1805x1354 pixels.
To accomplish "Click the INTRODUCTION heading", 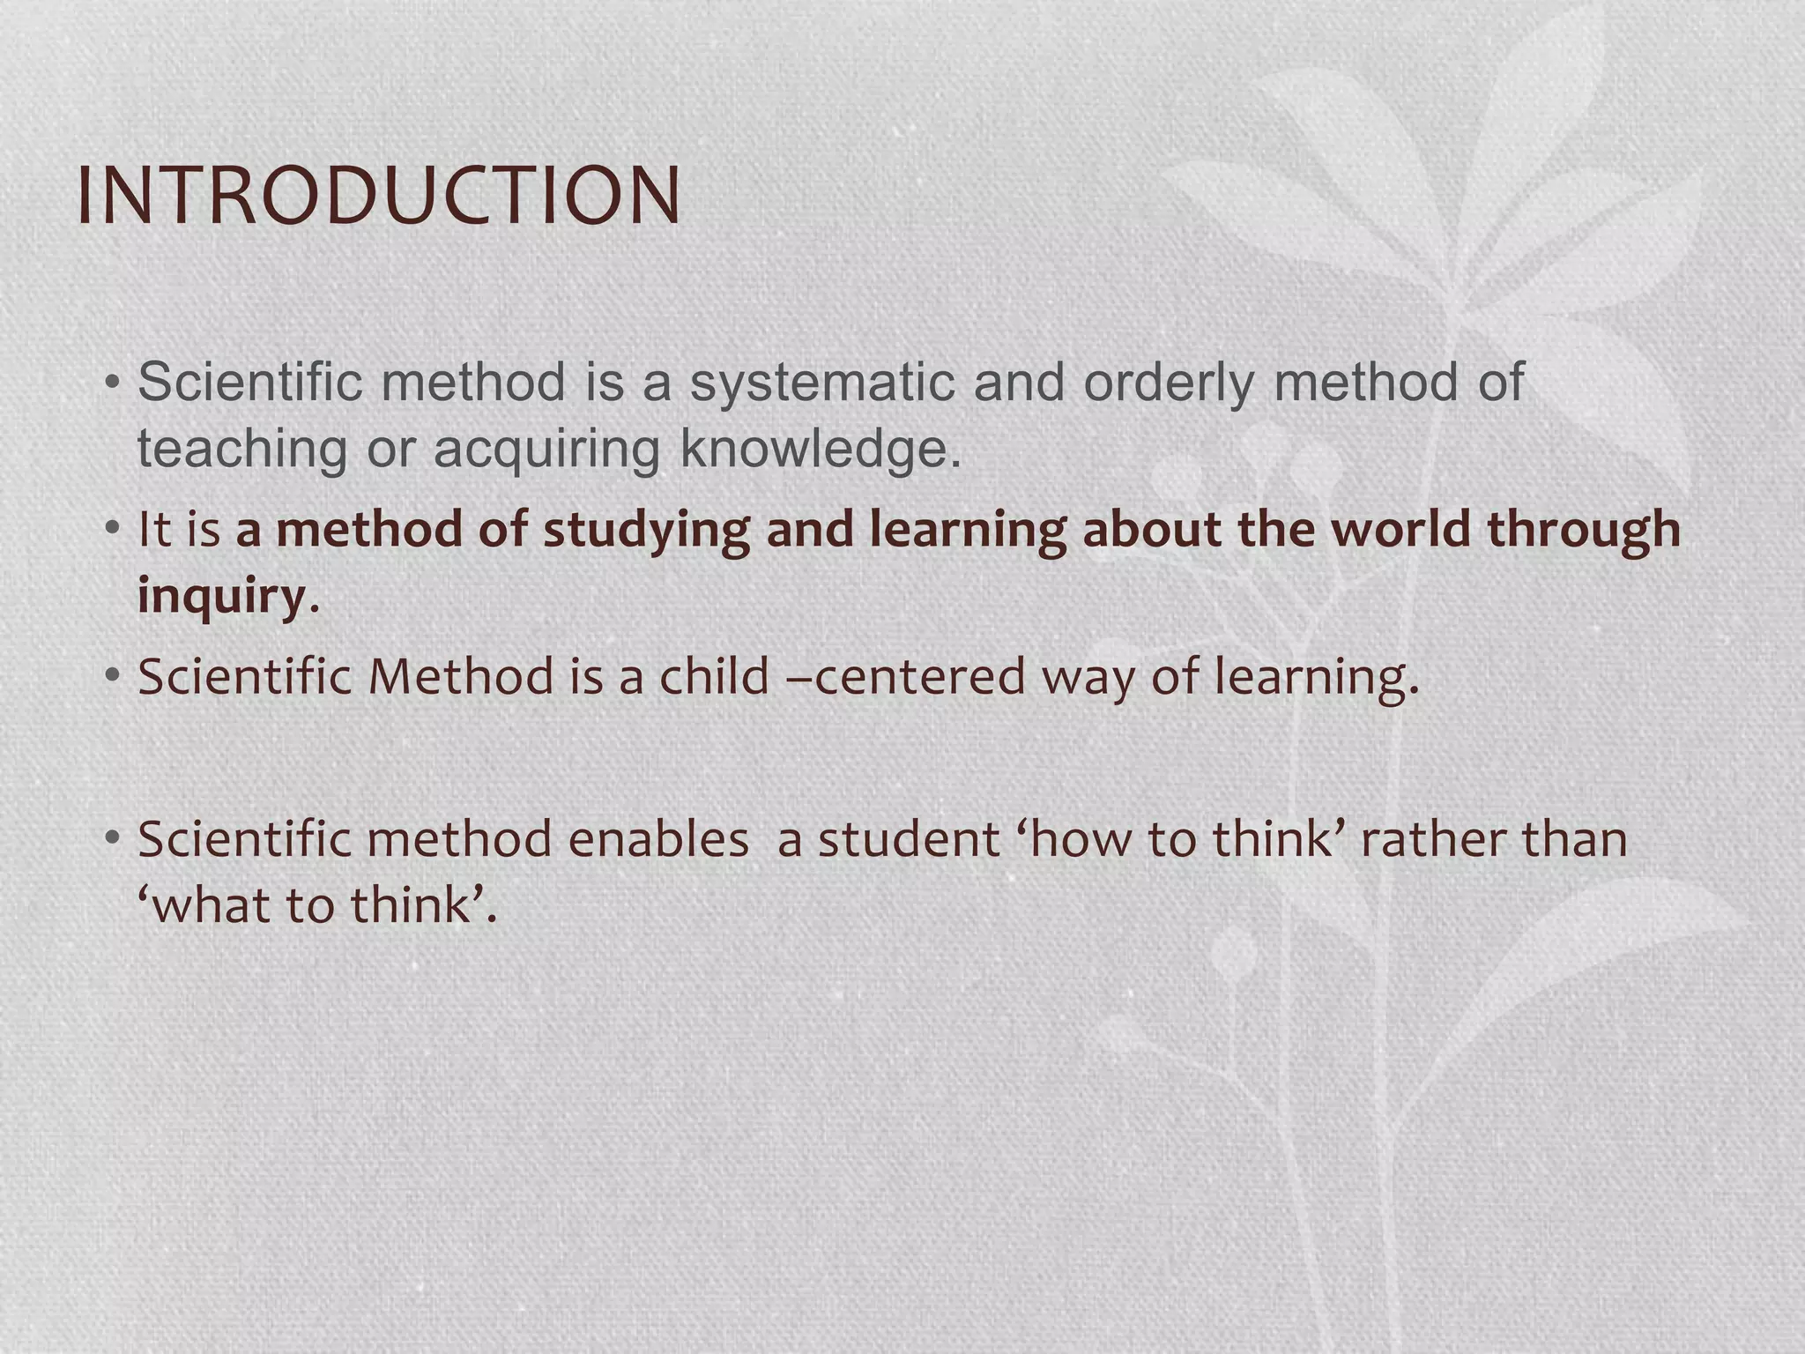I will pos(379,196).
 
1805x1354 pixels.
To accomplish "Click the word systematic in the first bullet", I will pos(822,383).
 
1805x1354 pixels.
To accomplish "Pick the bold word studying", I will pos(646,531).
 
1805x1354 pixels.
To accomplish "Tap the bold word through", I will pos(1584,531).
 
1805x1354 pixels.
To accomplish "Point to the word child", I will pos(715,677).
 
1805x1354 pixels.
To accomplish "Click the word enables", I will pos(657,838).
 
